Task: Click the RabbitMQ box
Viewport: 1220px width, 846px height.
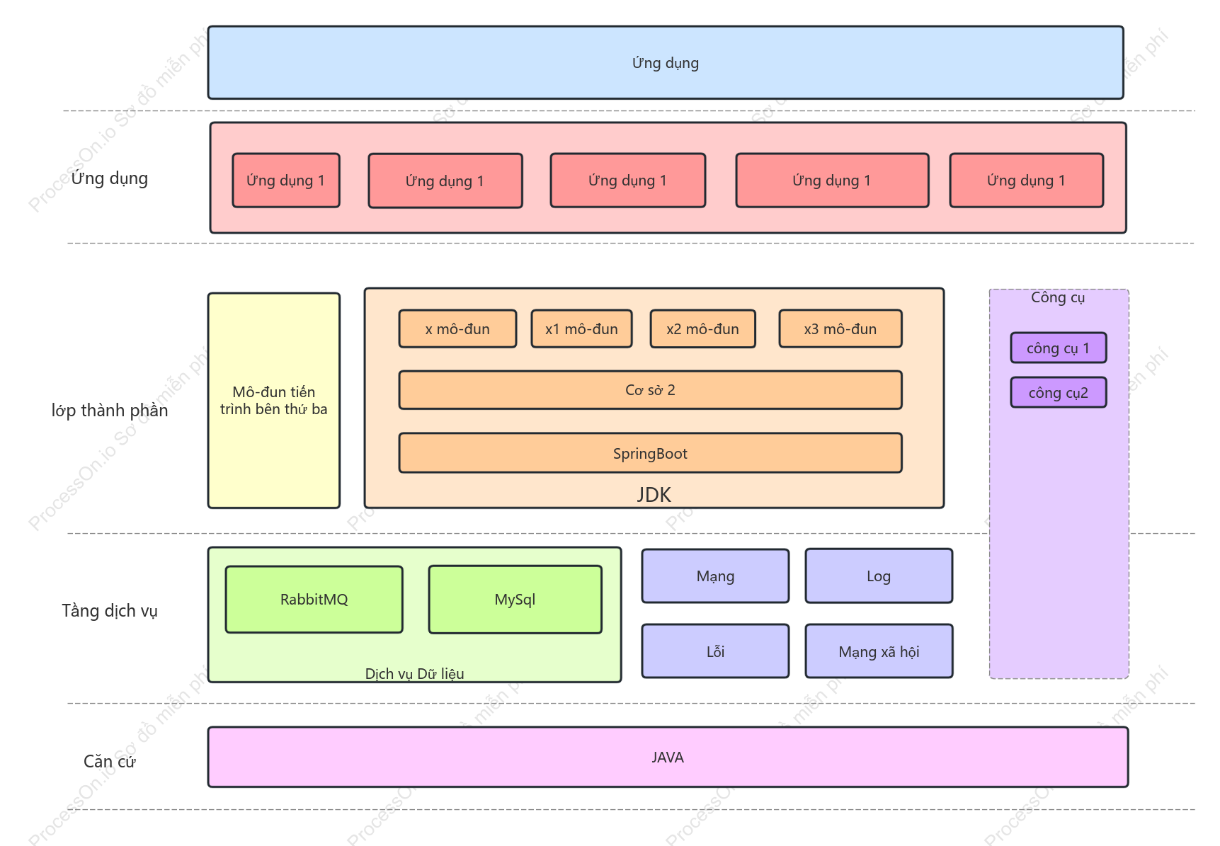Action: [x=314, y=599]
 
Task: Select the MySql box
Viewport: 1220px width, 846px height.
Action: [x=515, y=599]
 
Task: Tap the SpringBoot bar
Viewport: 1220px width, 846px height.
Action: [x=650, y=453]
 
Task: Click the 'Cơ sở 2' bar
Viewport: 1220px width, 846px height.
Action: [x=650, y=390]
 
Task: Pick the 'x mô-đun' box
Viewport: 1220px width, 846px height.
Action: [x=457, y=328]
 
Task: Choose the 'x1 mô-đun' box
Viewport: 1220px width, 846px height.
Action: [x=581, y=328]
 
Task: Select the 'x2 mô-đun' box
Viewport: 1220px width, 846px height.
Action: [x=702, y=328]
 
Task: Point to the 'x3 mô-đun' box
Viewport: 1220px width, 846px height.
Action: [x=840, y=328]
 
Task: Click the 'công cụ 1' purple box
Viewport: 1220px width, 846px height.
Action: [x=1059, y=348]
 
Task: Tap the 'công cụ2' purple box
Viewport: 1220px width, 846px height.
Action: [x=1059, y=392]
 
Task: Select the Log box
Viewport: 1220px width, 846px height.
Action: [x=879, y=576]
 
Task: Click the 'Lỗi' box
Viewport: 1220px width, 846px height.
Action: [x=715, y=651]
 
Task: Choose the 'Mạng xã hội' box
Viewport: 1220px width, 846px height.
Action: [x=879, y=651]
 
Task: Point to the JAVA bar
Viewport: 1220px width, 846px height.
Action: [x=668, y=757]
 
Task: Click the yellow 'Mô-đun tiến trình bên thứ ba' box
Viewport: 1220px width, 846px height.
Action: [x=274, y=401]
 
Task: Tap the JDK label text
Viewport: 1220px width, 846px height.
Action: [x=654, y=495]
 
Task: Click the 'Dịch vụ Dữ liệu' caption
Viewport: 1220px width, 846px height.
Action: [x=415, y=673]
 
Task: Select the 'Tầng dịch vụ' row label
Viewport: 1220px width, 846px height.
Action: [x=110, y=611]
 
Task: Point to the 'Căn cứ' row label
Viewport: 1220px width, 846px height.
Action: [x=110, y=761]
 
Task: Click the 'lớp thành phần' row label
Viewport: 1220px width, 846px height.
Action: [x=110, y=411]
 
